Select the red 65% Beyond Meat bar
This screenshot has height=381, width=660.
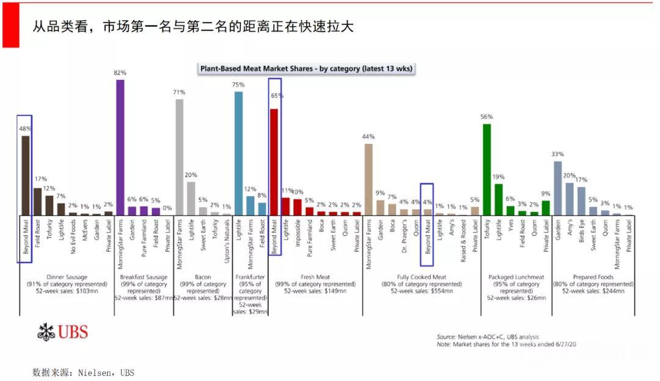tap(274, 162)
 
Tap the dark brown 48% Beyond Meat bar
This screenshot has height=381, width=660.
tap(26, 175)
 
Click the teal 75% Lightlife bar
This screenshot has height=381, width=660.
tap(238, 153)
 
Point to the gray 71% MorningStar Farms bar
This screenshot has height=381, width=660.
tap(179, 156)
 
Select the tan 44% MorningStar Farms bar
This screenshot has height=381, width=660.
tap(368, 179)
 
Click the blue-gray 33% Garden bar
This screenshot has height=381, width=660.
tap(557, 187)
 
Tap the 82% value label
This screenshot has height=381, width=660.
tap(120, 73)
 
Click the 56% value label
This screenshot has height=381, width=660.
tap(486, 117)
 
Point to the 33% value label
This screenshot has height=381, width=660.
tap(557, 154)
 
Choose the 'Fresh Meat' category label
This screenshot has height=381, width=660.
tap(315, 277)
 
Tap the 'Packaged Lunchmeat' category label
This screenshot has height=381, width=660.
tap(516, 277)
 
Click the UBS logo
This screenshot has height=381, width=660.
tap(62, 333)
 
